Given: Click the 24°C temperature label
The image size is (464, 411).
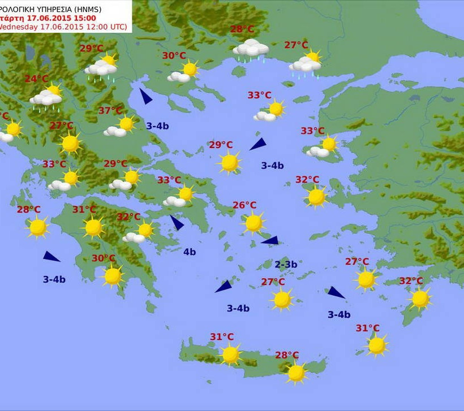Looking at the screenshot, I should click(36, 79).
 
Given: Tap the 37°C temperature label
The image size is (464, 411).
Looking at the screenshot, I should click(110, 110).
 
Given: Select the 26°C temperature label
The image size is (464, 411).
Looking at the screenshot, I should click(244, 205).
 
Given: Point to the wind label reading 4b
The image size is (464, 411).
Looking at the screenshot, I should click(190, 252).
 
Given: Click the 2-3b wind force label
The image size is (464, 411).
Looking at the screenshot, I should click(286, 264).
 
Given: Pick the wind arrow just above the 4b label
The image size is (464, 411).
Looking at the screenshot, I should click(177, 223).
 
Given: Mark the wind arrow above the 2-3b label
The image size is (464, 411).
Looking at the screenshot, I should click(270, 240).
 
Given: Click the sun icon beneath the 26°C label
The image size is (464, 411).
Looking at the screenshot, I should click(254, 223).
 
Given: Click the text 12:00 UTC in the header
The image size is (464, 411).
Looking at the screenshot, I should click(108, 27).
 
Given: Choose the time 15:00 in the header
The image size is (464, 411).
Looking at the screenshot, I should click(83, 18).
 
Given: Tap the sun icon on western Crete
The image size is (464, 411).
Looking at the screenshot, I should click(230, 355).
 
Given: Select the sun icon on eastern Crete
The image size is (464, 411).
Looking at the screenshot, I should click(296, 373).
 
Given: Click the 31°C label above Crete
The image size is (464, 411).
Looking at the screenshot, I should click(222, 337).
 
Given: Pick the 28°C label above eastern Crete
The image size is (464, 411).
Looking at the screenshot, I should click(287, 355).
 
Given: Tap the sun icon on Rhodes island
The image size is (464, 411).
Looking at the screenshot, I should click(420, 298).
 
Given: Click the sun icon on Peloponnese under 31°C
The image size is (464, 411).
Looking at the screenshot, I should click(93, 227).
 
